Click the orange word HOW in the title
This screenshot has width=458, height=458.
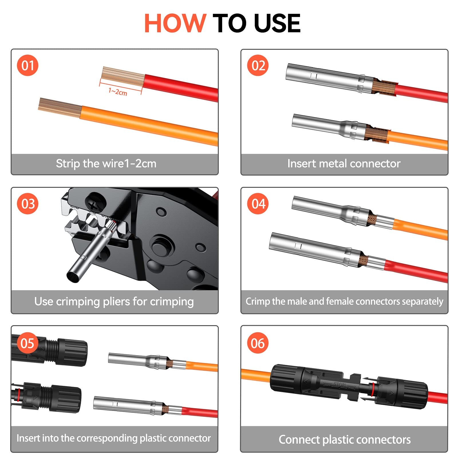175,23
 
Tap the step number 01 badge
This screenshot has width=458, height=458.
28,65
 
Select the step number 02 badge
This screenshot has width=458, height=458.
258,65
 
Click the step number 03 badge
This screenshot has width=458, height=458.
28,204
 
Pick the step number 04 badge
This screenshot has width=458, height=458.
258,204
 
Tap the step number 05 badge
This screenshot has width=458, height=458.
27,343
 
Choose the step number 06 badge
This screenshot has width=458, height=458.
258,343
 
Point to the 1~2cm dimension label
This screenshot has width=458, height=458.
118,92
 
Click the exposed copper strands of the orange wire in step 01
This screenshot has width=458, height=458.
60,108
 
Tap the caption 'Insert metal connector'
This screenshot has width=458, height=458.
344,163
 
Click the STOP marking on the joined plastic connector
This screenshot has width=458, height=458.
340,384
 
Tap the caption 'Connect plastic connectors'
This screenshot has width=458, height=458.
345,440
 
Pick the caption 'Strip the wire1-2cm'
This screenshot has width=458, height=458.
106,163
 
